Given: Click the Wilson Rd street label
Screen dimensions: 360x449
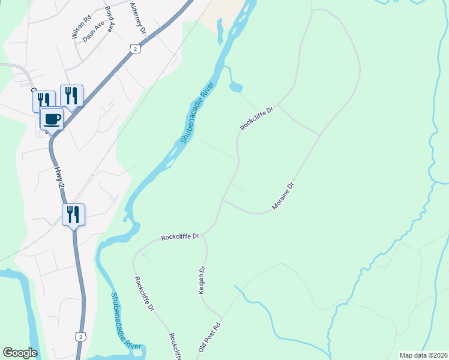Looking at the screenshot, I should (x=80, y=27).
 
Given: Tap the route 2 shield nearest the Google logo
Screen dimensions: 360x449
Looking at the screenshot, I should (x=80, y=337).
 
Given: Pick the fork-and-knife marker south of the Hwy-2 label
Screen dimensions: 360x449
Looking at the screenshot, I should (x=74, y=214).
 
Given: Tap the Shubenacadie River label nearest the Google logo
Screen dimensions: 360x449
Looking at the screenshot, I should (x=125, y=321).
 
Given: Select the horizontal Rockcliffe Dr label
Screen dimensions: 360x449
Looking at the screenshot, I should (x=179, y=237).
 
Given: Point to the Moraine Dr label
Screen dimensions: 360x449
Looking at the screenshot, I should (x=285, y=196).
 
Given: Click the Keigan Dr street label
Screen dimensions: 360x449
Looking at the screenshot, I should (x=202, y=280).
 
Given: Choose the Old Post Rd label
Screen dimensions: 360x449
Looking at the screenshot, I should (x=209, y=339).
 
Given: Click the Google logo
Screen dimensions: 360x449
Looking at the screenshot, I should (x=20, y=352).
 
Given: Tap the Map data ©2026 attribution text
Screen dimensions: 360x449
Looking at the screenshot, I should (x=423, y=355).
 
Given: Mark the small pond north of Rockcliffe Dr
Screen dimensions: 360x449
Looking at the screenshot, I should (x=235, y=88).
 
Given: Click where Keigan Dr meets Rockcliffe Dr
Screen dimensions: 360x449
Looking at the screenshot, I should (x=204, y=234).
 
